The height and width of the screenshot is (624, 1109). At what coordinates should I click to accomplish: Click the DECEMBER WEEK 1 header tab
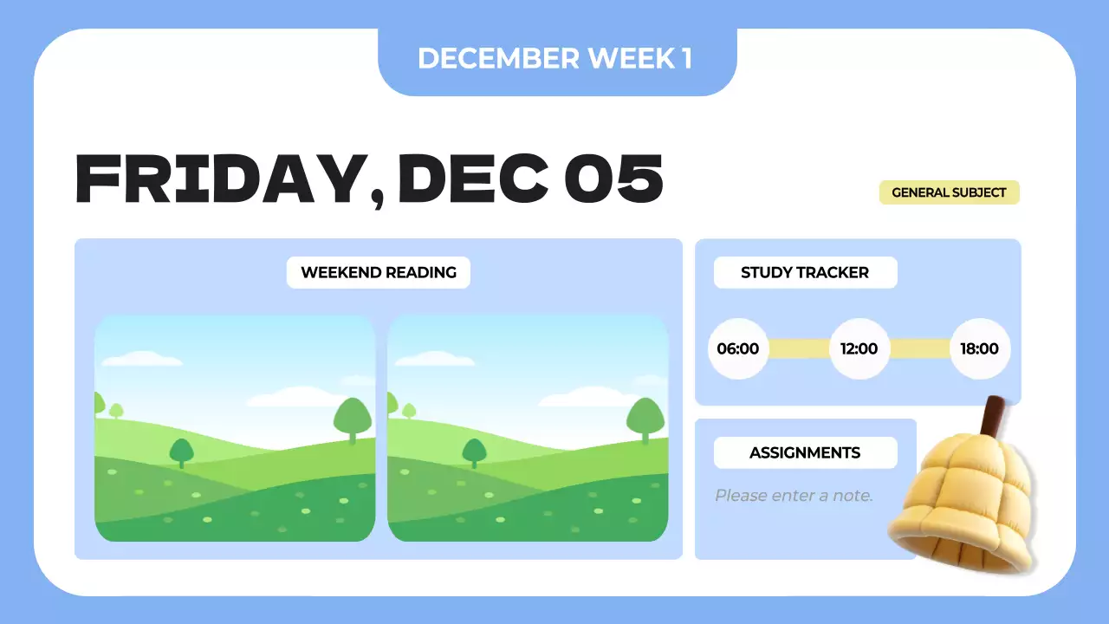tap(554, 59)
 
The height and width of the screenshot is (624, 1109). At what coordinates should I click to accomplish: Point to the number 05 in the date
tap(613, 179)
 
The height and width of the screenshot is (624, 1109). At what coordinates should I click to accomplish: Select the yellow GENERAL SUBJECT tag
tap(949, 192)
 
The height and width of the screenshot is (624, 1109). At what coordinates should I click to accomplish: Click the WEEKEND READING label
tap(379, 272)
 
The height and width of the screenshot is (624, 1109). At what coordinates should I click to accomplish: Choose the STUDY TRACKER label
tap(805, 272)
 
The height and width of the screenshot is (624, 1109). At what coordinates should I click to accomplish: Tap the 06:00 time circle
tap(738, 349)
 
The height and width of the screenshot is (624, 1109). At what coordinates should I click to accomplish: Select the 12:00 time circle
tap(859, 349)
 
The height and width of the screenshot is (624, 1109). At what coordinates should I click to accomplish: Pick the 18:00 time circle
tap(980, 349)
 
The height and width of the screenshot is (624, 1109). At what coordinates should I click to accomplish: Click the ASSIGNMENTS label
tap(805, 452)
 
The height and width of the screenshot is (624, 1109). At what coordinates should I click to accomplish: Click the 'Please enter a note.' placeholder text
tap(794, 496)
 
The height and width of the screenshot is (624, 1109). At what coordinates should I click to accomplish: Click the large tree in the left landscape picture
tap(353, 418)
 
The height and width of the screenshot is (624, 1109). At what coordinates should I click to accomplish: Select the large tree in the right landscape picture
tap(645, 418)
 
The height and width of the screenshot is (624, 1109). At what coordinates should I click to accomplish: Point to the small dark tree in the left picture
tap(181, 452)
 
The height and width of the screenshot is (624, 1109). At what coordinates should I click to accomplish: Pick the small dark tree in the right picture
tap(474, 452)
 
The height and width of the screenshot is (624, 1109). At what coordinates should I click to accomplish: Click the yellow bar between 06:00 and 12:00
tap(799, 349)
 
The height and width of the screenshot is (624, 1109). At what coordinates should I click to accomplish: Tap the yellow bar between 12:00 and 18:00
tap(920, 349)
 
